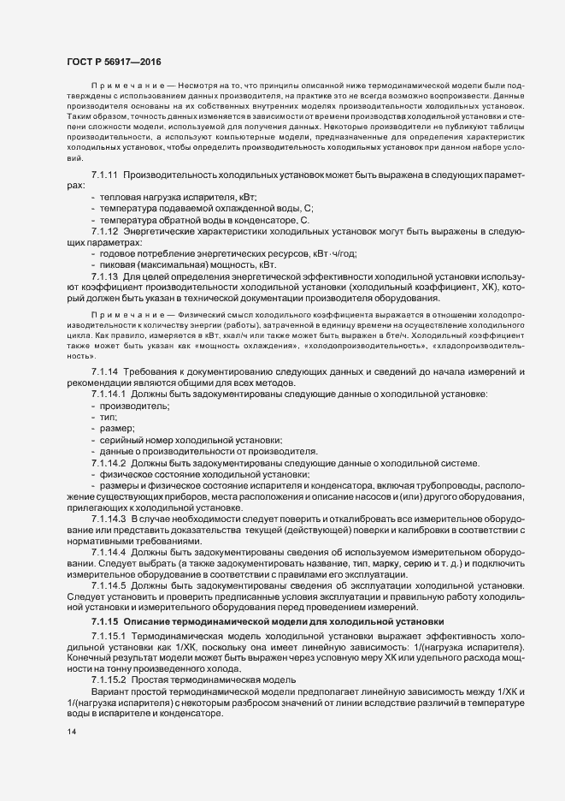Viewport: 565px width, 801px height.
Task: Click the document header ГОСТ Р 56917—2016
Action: point(111,62)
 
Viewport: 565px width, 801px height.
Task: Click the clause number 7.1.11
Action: point(105,175)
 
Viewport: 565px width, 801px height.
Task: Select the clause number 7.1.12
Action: point(105,231)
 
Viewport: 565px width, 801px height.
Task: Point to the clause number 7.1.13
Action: point(105,276)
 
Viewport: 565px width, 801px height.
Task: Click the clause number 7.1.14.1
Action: point(109,394)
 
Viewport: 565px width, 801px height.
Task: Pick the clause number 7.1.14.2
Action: point(109,463)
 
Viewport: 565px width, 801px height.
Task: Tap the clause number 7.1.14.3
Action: point(109,519)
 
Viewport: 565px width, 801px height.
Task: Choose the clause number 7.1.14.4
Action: point(109,553)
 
